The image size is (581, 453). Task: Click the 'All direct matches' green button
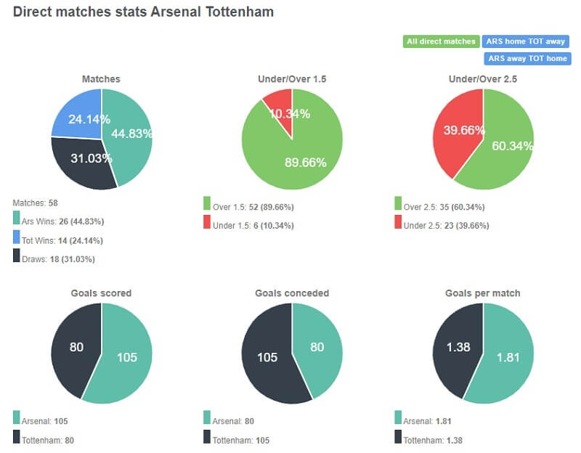pos(440,41)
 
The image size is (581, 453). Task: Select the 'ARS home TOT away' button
pos(527,41)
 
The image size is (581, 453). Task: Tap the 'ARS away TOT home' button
pos(527,59)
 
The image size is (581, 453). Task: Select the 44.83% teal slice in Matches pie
pos(129,134)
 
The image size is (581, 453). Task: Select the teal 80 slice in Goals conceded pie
pos(318,346)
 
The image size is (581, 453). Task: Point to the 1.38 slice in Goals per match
pos(455,347)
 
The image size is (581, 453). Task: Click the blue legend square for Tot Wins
pos(17,239)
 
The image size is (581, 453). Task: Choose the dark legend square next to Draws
pos(17,258)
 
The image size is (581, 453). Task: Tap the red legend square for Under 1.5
pos(207,225)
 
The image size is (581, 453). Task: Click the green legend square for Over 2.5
pos(399,206)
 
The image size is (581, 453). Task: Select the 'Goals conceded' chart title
pos(292,293)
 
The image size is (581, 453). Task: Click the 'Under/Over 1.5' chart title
pos(292,78)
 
